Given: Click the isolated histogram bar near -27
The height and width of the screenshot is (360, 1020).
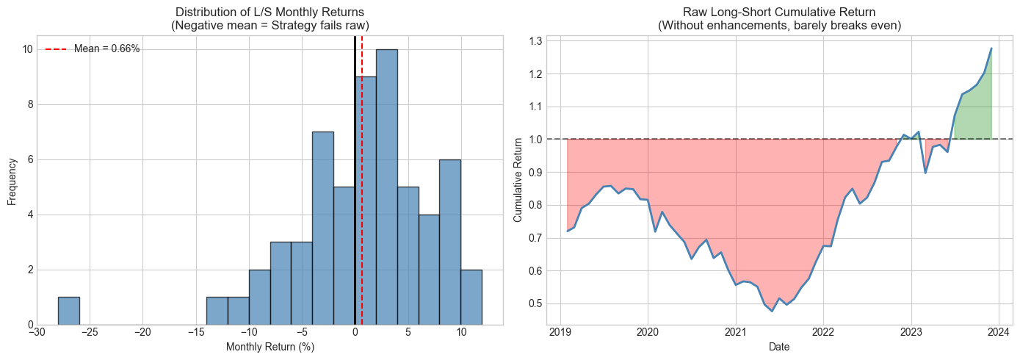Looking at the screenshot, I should pos(68,311).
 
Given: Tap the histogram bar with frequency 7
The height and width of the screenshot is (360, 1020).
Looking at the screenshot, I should pos(322,228).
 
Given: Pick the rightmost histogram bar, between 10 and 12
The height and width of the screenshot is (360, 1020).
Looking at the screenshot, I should pos(471,297).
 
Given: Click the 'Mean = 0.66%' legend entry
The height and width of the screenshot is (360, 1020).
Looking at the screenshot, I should pos(106,48).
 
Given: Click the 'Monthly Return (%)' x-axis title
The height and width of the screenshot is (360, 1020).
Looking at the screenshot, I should pos(270,347).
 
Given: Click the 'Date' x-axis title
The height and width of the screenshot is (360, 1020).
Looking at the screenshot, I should pos(779,347).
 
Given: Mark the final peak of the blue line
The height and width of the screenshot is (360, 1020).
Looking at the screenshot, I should pos(991,48).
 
